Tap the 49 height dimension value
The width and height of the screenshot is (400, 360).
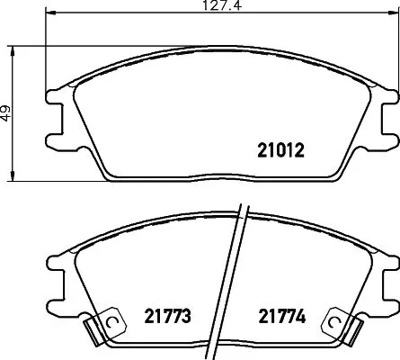(x=7, y=113)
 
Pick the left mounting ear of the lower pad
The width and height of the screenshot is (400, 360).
(x=57, y=274)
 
